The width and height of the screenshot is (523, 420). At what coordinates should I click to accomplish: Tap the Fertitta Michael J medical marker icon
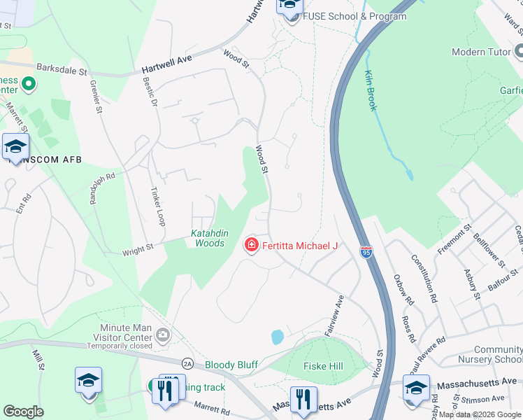(x=250, y=245)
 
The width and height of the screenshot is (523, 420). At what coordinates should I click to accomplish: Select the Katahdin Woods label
(x=208, y=238)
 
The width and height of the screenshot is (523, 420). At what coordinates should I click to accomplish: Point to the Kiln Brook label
(x=371, y=90)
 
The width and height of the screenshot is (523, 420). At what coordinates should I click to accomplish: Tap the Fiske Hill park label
(x=323, y=366)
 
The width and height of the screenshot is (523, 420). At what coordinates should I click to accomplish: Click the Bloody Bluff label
(x=231, y=365)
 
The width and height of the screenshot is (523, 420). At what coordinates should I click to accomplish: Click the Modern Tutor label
(x=478, y=52)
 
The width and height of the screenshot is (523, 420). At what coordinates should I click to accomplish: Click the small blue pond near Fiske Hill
(x=277, y=337)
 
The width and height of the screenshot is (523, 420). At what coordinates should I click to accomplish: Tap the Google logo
(x=24, y=412)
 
